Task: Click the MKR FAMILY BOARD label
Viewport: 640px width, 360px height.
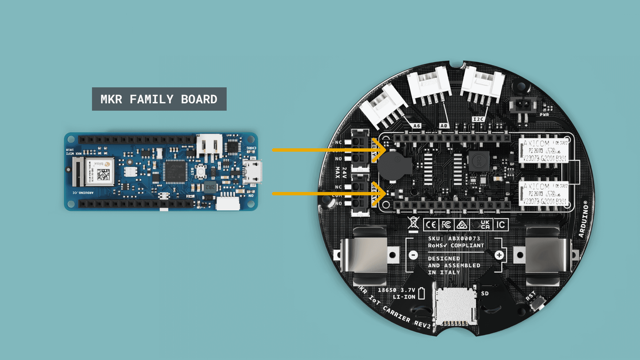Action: (159, 99)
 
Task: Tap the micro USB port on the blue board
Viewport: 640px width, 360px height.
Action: (252, 172)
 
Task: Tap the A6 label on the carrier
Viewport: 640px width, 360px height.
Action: (417, 126)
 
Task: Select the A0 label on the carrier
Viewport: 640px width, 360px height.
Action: (444, 126)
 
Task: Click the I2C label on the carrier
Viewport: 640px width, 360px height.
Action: (478, 119)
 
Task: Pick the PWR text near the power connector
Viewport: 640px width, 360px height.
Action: (544, 115)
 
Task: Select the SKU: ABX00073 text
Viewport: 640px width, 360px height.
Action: (454, 238)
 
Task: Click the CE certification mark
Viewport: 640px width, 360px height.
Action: (431, 225)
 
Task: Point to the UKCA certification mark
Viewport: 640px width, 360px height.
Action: (485, 224)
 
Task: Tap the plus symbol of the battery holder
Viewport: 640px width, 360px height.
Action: (499, 255)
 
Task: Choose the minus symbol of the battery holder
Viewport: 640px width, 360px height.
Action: (413, 255)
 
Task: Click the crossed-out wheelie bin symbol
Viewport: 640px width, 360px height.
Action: (413, 223)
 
